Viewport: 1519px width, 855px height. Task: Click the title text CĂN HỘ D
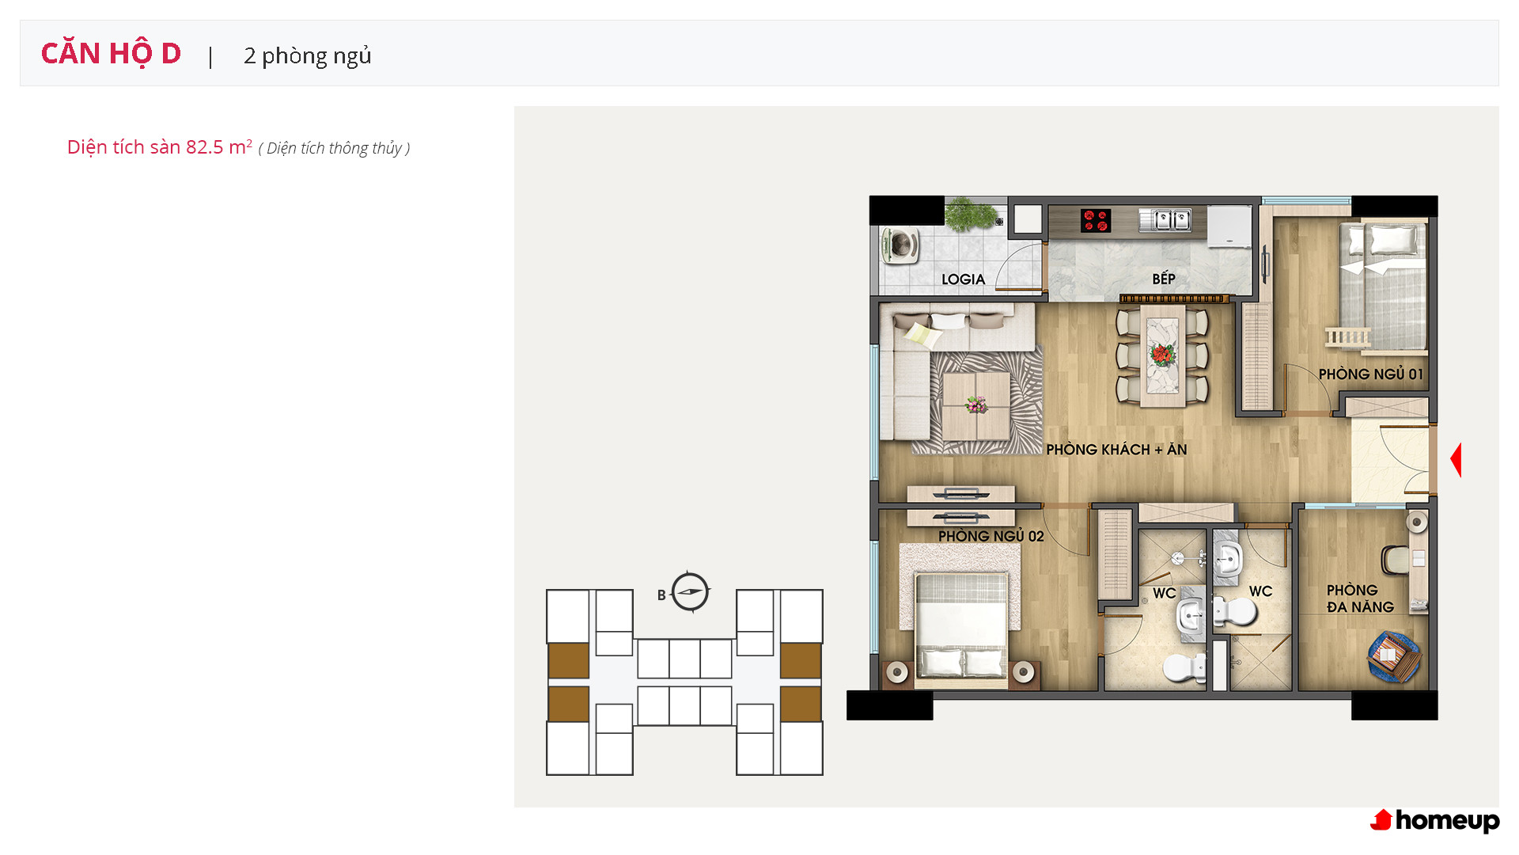click(111, 54)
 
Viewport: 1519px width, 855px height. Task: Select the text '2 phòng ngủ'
click(308, 56)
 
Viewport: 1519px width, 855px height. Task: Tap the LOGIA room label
click(963, 279)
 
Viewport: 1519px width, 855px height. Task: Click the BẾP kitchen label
click(1164, 278)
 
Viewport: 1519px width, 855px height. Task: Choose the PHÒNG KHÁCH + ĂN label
click(1116, 450)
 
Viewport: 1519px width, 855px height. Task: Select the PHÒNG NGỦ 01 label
click(1371, 374)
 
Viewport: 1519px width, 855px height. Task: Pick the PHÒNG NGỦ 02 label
click(991, 536)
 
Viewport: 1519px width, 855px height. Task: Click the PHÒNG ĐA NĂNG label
click(1360, 598)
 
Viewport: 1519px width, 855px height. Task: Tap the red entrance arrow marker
click(1456, 460)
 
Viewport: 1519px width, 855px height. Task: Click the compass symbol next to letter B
click(690, 592)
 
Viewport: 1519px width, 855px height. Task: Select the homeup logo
click(1435, 821)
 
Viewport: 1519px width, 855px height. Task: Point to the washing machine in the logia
click(900, 245)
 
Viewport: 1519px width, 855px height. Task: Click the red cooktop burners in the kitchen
click(1096, 220)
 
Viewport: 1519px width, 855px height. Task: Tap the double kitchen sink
click(1164, 219)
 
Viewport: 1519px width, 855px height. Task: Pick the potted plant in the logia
click(970, 214)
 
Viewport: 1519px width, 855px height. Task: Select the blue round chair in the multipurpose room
click(1393, 655)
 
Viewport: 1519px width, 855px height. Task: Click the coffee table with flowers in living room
click(976, 405)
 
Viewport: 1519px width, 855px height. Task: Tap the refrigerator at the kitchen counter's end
click(1229, 225)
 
